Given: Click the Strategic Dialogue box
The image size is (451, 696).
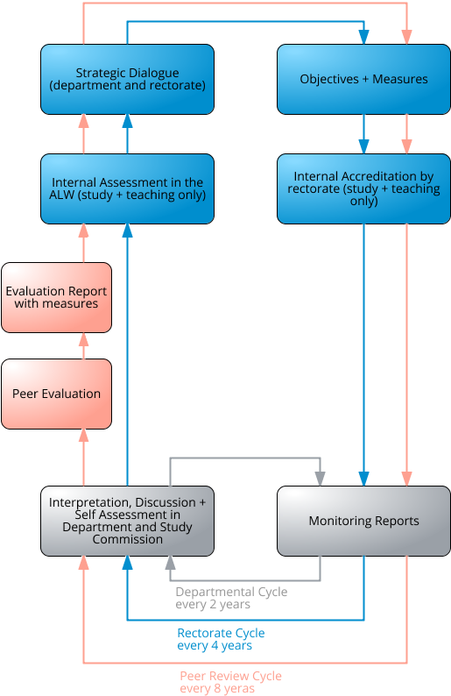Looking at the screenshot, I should tap(127, 79).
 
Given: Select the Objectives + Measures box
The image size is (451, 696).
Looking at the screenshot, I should tap(363, 79).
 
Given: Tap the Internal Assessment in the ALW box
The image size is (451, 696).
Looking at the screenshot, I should tap(127, 188).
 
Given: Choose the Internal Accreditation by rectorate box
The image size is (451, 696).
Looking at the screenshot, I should tap(363, 188).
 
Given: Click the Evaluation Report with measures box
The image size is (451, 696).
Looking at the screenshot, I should tap(56, 297).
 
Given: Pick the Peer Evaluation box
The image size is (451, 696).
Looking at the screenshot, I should tap(56, 394).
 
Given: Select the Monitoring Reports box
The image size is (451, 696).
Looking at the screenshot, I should tap(363, 521).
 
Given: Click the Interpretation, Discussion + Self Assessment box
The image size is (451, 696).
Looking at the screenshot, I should tap(127, 521).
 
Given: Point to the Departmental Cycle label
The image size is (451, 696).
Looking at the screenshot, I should tap(231, 593).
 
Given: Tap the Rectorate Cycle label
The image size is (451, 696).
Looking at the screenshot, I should tap(221, 633).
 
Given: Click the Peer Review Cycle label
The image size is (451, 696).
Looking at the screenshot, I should tap(230, 676).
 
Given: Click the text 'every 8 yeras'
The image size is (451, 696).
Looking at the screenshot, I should tap(217, 689).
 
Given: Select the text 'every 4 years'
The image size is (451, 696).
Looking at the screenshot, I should tap(215, 646).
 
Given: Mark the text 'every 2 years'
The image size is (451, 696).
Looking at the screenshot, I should tap(213, 605).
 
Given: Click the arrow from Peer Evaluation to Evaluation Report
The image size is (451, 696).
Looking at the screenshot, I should tap(84, 346).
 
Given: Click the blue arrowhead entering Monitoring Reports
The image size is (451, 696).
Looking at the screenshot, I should tap(363, 479).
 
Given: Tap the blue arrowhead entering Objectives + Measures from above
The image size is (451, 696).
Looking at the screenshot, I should tap(363, 37).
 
